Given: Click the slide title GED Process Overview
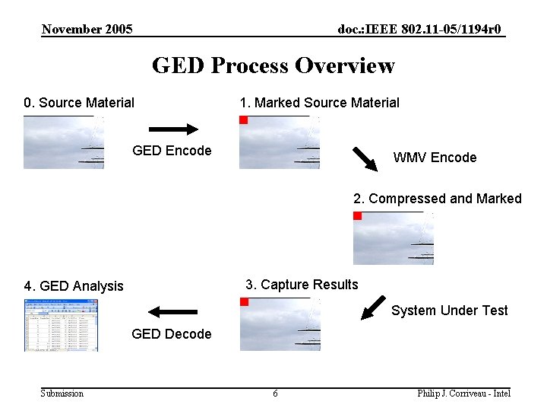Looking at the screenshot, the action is point(273,65).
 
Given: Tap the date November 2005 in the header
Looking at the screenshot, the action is point(87,30).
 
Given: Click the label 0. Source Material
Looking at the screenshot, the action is point(79,103).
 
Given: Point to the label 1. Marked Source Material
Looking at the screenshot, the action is point(319,103).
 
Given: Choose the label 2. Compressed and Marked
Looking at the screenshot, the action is point(437,199).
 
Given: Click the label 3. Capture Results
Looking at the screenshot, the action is point(302,285).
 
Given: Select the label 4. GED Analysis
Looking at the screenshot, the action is point(74,286).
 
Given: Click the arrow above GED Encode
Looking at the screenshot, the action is point(172,129).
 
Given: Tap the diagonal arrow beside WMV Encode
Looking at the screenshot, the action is point(365,158).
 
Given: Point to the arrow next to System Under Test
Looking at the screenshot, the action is point(373,306).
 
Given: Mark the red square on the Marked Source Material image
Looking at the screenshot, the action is point(244,120).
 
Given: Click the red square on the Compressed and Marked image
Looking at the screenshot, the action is point(358,216).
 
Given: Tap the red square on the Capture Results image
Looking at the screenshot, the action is point(245,302).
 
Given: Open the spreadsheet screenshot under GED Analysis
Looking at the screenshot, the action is point(61,325).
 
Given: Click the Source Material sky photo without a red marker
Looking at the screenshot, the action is point(64,142).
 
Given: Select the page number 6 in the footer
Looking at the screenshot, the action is point(275,393).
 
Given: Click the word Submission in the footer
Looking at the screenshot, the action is point(62,393).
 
